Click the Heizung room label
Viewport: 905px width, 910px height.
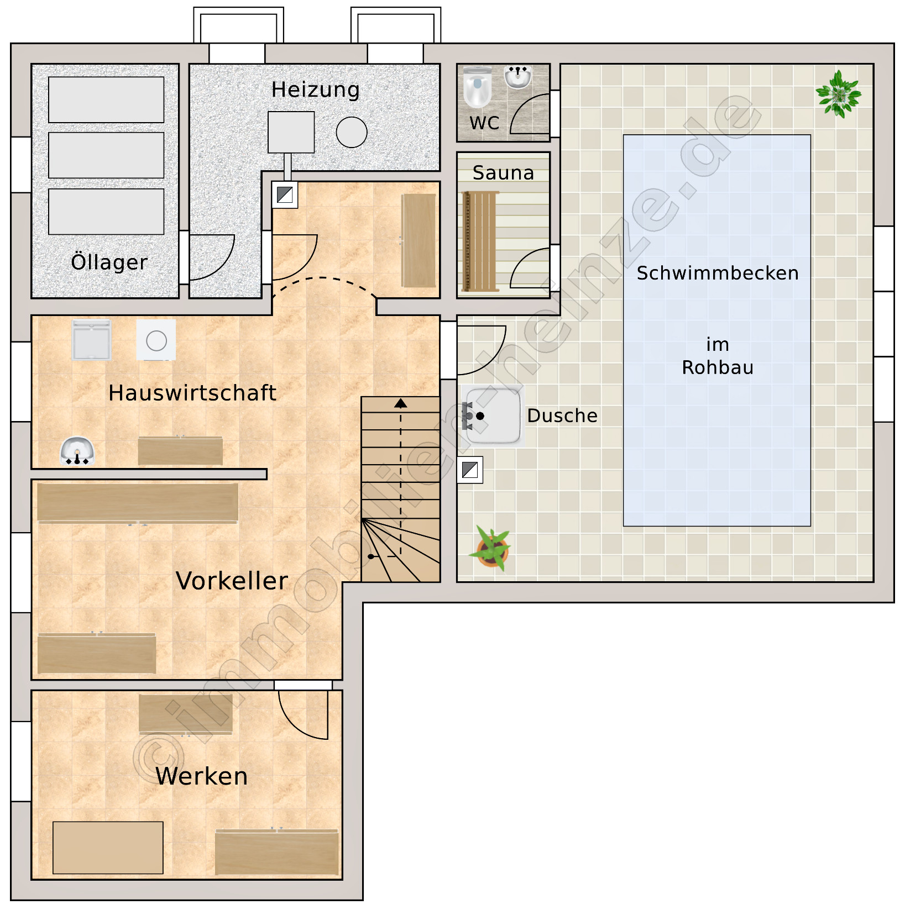(x=315, y=90)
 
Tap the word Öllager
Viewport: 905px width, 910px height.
(x=109, y=262)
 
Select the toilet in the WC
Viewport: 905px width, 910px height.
(x=477, y=87)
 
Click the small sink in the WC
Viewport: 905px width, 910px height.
(x=517, y=77)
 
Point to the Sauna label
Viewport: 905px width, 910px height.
(x=503, y=173)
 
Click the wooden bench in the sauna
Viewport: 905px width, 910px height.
(x=480, y=241)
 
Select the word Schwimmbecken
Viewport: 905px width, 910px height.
(x=718, y=273)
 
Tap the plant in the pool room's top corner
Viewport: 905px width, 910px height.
(x=839, y=94)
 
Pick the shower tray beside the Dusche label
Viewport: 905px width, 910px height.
(x=493, y=416)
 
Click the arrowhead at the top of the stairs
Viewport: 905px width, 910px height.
(x=401, y=403)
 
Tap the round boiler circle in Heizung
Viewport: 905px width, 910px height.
(x=352, y=133)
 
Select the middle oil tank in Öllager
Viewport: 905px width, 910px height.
(x=106, y=155)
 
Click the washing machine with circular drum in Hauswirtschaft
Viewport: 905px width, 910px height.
(x=156, y=340)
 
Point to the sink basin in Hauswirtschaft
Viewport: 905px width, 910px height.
(x=77, y=451)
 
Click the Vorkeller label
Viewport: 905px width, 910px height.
(x=232, y=581)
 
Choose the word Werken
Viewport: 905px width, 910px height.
(x=201, y=776)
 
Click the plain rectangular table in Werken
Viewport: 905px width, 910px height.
(x=108, y=848)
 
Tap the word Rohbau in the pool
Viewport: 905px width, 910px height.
(x=718, y=367)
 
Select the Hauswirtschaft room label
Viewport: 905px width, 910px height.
(x=192, y=393)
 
